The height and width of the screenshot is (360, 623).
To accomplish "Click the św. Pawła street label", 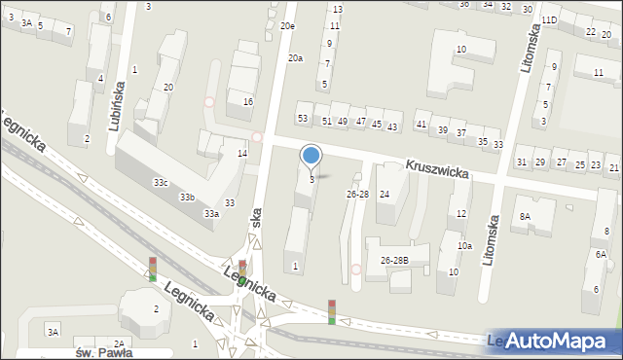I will coord(103,352).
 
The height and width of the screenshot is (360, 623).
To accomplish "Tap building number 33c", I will coord(161,183).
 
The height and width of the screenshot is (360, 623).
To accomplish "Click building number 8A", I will coord(526,216).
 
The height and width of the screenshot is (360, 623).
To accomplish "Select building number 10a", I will coord(465,246).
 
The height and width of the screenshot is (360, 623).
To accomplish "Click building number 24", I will coord(385,195).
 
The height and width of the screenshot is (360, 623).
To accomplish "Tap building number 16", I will coord(248,102).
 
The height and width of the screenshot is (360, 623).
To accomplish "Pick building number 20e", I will coord(287,26).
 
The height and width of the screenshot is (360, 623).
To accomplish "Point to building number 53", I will coord(303,119).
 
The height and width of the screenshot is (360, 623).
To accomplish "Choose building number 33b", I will coord(186,198).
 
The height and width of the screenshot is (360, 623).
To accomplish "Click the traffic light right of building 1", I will coord(332,311).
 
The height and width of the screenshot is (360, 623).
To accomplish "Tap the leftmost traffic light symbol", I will coord(152,269).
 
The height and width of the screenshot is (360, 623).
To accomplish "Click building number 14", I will coord(242,154).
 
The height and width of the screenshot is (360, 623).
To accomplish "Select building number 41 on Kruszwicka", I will coord(421,125).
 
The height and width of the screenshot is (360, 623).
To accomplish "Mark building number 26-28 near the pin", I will coord(357,195).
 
